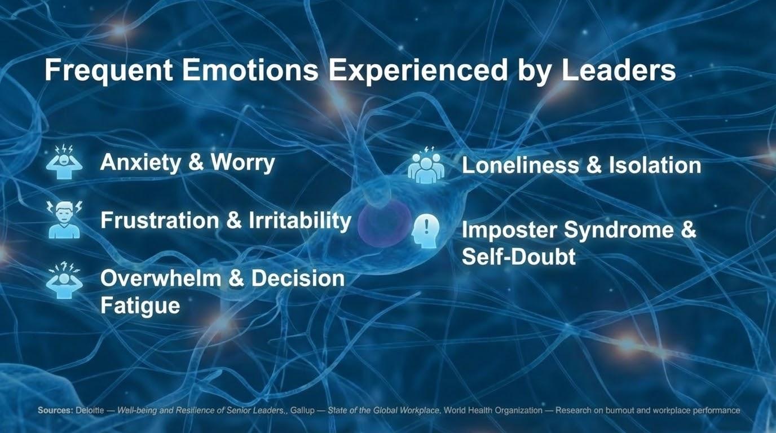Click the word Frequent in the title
pyautogui.click(x=108, y=71)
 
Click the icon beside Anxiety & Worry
pyautogui.click(x=64, y=162)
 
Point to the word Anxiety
pyautogui.click(x=140, y=162)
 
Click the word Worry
pyautogui.click(x=243, y=162)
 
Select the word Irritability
pyautogui.click(x=300, y=220)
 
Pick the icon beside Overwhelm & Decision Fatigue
pyautogui.click(x=64, y=281)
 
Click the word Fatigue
pyautogui.click(x=140, y=306)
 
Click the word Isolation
pyautogui.click(x=655, y=165)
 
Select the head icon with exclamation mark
pyautogui.click(x=426, y=231)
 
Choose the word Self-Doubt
pyautogui.click(x=519, y=257)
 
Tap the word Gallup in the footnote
pyautogui.click(x=302, y=410)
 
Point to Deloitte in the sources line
pyautogui.click(x=89, y=410)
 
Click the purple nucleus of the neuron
pyautogui.click(x=384, y=223)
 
